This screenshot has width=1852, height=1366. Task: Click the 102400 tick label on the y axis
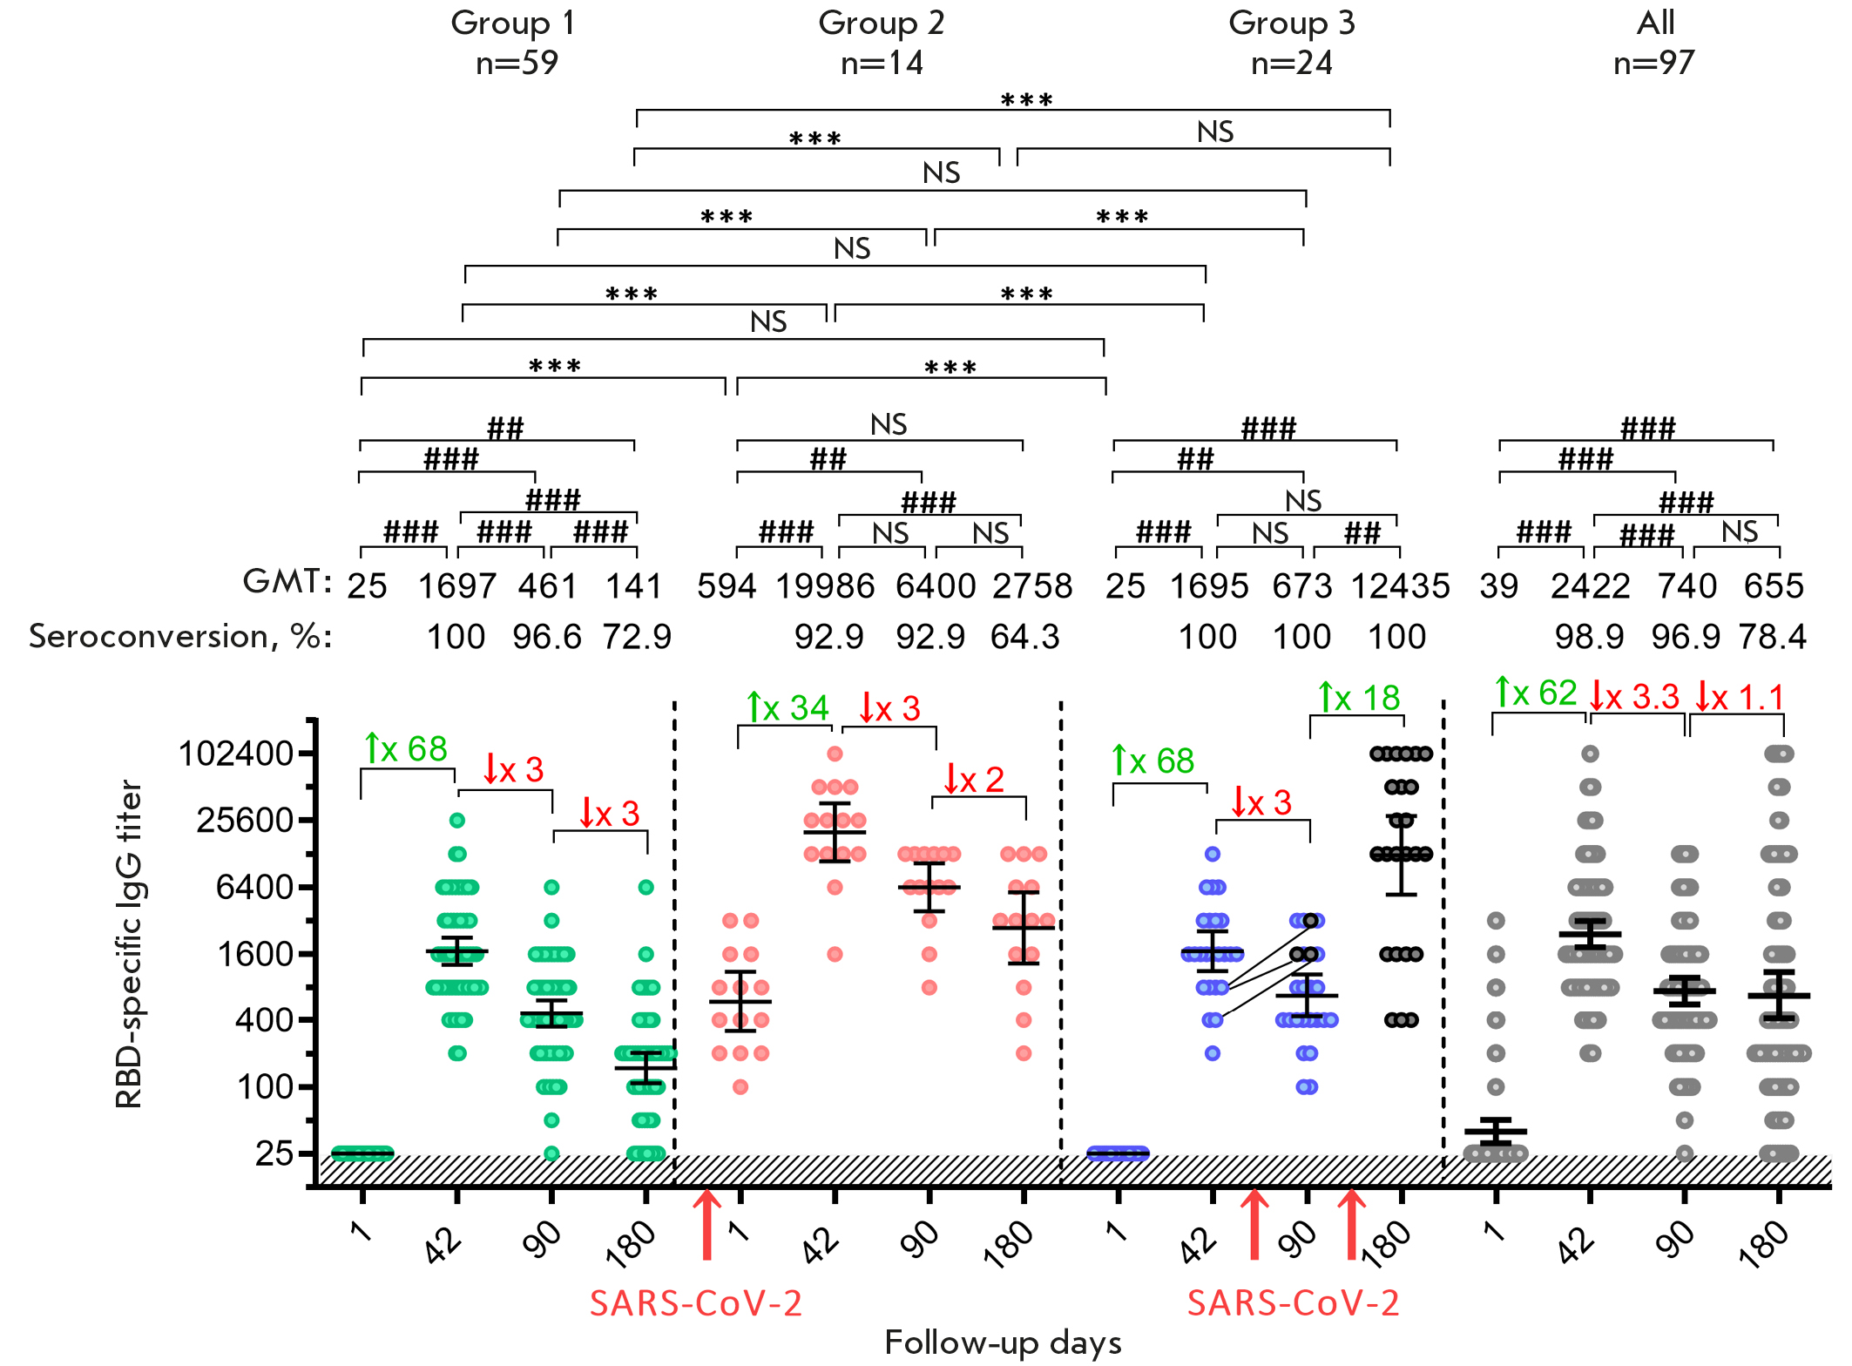pos(235,754)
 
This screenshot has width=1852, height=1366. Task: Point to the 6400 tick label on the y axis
pos(254,887)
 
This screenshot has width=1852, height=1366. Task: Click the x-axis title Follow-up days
pos(1003,1342)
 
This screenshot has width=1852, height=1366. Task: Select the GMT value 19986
pos(825,586)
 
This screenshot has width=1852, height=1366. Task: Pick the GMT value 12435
pos(1400,586)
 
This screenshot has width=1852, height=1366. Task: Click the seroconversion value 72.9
pos(637,637)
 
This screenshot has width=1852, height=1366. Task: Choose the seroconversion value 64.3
pos(1024,637)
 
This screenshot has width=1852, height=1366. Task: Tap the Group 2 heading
pos(881,23)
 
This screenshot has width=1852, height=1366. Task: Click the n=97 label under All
pos(1653,63)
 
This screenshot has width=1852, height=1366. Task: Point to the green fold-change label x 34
pos(788,707)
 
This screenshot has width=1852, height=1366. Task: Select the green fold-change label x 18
pos(1359,698)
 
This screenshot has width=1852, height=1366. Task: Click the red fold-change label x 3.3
pos(1634,697)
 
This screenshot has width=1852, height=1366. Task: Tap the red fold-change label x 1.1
pos(1740,697)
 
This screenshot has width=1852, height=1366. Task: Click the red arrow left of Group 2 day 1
pos(706,1224)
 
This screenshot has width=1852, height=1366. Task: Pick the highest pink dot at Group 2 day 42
pos(835,754)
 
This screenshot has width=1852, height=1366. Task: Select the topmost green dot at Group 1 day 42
pos(457,820)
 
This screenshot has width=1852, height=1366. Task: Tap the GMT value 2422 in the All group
pos(1590,586)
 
